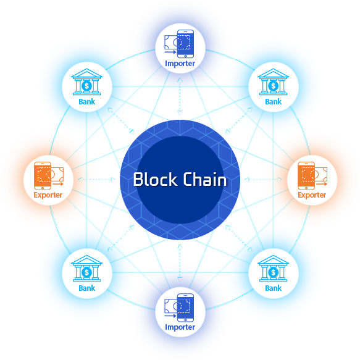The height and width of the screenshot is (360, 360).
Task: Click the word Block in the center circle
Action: click(155, 179)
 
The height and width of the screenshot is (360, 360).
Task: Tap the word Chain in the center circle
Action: click(205, 179)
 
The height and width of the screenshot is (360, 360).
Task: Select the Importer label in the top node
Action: click(180, 64)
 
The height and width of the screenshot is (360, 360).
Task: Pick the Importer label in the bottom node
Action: click(180, 327)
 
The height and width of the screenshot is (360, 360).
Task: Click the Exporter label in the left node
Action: click(48, 195)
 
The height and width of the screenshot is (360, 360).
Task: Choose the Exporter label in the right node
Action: click(312, 195)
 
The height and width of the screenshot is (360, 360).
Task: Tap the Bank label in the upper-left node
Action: click(87, 102)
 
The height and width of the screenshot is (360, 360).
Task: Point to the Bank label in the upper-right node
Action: click(273, 102)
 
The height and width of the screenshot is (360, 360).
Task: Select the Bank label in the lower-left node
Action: click(87, 288)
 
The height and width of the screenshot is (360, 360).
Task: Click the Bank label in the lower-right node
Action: click(273, 288)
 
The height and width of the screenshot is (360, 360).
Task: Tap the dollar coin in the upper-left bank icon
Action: click(87, 86)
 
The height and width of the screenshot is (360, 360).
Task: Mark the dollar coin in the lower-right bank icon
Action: click(273, 272)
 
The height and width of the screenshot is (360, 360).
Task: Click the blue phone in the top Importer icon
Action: click(185, 44)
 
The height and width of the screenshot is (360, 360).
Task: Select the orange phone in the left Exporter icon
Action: click(43, 175)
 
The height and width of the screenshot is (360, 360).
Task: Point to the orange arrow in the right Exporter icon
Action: click(322, 184)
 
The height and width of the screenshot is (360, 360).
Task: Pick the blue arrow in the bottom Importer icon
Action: click(170, 316)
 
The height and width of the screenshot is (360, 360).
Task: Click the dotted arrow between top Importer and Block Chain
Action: click(180, 96)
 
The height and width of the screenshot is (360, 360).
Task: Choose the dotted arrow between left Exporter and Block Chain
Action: click(97, 180)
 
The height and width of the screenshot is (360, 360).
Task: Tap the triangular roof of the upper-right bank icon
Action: click(273, 73)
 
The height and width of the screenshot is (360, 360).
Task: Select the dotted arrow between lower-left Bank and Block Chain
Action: click(121, 238)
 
